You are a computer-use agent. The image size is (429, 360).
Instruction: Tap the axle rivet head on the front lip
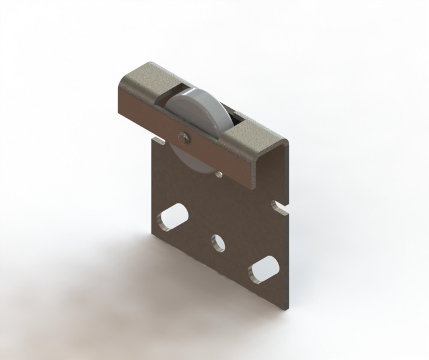tap(184, 137)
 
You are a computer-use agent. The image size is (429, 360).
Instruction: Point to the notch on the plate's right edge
tap(279, 207)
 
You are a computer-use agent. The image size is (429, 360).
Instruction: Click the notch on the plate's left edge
tap(158, 140)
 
